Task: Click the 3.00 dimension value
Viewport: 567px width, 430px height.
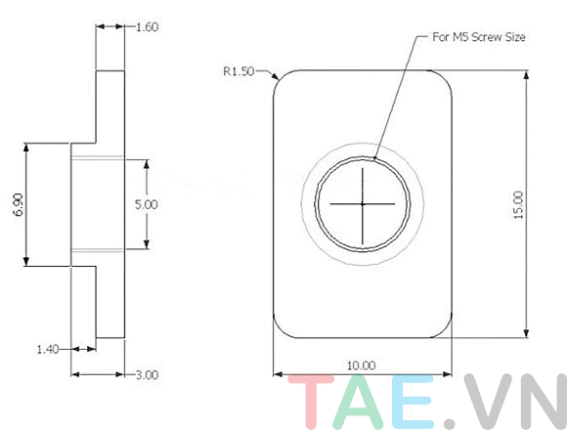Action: tap(144, 374)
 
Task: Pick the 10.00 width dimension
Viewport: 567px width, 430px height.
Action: tap(362, 365)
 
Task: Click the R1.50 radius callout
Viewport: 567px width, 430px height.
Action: tap(239, 71)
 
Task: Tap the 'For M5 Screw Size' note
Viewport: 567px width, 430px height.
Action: tap(479, 37)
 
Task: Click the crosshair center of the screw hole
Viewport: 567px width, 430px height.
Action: tap(362, 203)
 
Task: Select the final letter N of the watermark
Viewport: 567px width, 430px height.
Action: tap(540, 402)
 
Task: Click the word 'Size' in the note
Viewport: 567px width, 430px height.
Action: tap(516, 37)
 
